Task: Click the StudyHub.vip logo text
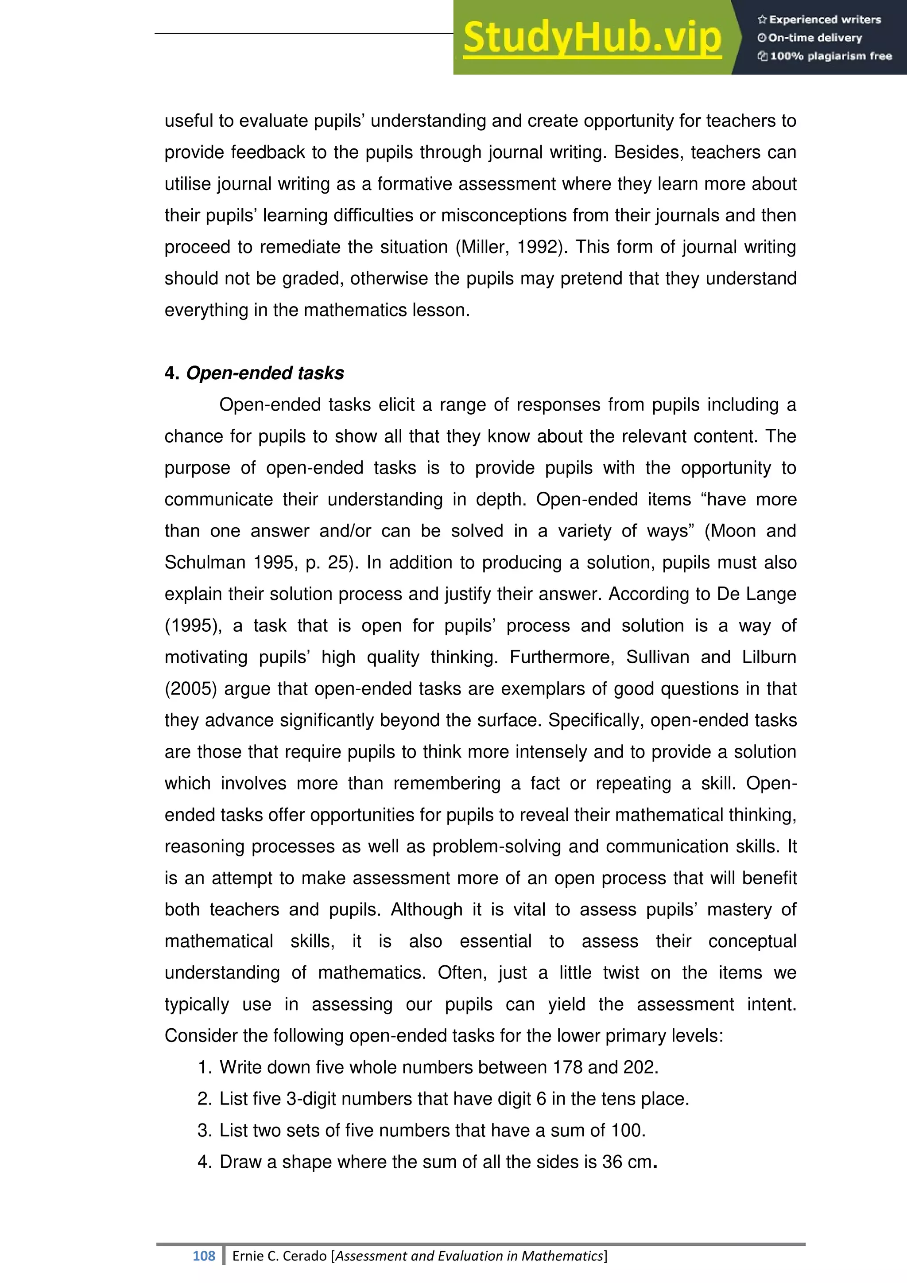(x=592, y=38)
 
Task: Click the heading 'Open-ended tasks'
(x=265, y=373)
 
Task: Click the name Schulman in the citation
(x=205, y=563)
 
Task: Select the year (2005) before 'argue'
(x=190, y=689)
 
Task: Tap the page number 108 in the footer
(x=203, y=1256)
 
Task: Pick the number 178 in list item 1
(x=567, y=1067)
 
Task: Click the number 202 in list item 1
(x=639, y=1067)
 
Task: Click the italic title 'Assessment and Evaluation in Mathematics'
(x=469, y=1256)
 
